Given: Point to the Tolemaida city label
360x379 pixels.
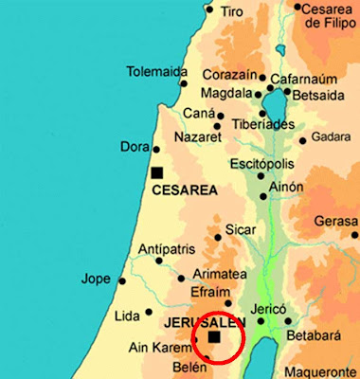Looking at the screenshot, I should pyautogui.click(x=157, y=72).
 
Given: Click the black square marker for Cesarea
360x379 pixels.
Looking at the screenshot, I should pyautogui.click(x=156, y=172).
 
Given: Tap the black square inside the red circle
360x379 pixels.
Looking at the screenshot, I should pyautogui.click(x=214, y=336).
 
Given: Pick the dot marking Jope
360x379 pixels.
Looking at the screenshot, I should pyautogui.click(x=120, y=280).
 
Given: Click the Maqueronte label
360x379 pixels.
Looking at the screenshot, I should pyautogui.click(x=319, y=371).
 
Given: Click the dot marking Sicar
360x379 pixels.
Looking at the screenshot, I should pyautogui.click(x=218, y=237).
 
